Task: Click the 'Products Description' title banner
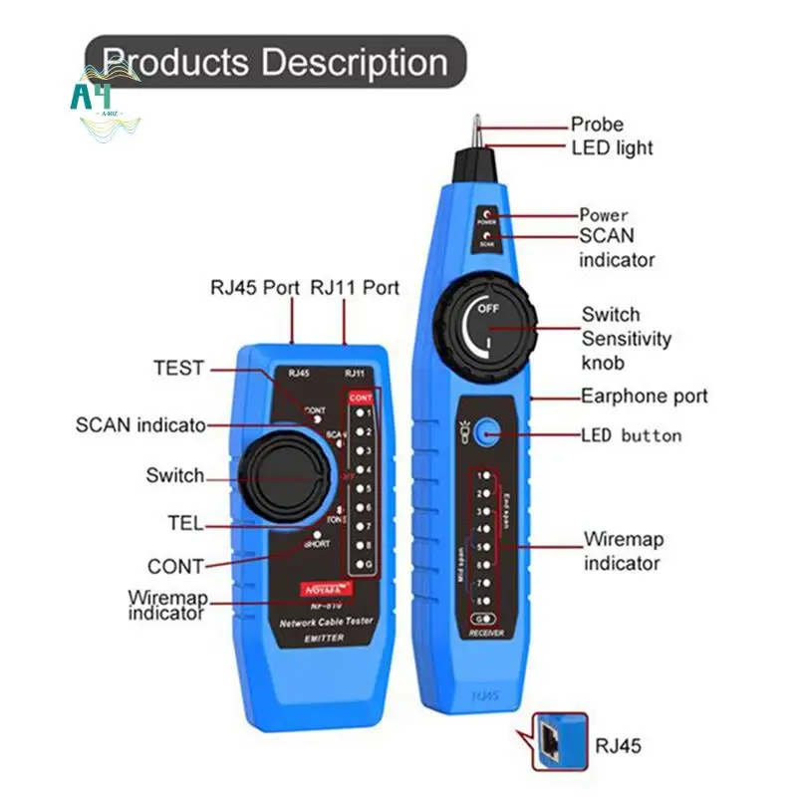pyautogui.click(x=275, y=62)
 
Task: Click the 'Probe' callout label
pyautogui.click(x=597, y=125)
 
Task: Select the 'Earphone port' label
pyautogui.click(x=645, y=396)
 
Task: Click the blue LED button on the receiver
pyautogui.click(x=487, y=432)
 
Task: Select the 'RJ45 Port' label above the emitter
pyautogui.click(x=254, y=288)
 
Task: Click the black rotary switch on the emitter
pyautogui.click(x=284, y=475)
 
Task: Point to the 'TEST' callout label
pyautogui.click(x=178, y=368)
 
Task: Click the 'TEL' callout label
pyautogui.click(x=185, y=523)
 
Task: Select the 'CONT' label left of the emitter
pyautogui.click(x=175, y=566)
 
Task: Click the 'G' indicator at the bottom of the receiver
pyautogui.click(x=483, y=620)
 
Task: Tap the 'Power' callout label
pyautogui.click(x=604, y=214)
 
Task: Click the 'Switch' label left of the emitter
pyautogui.click(x=174, y=475)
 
